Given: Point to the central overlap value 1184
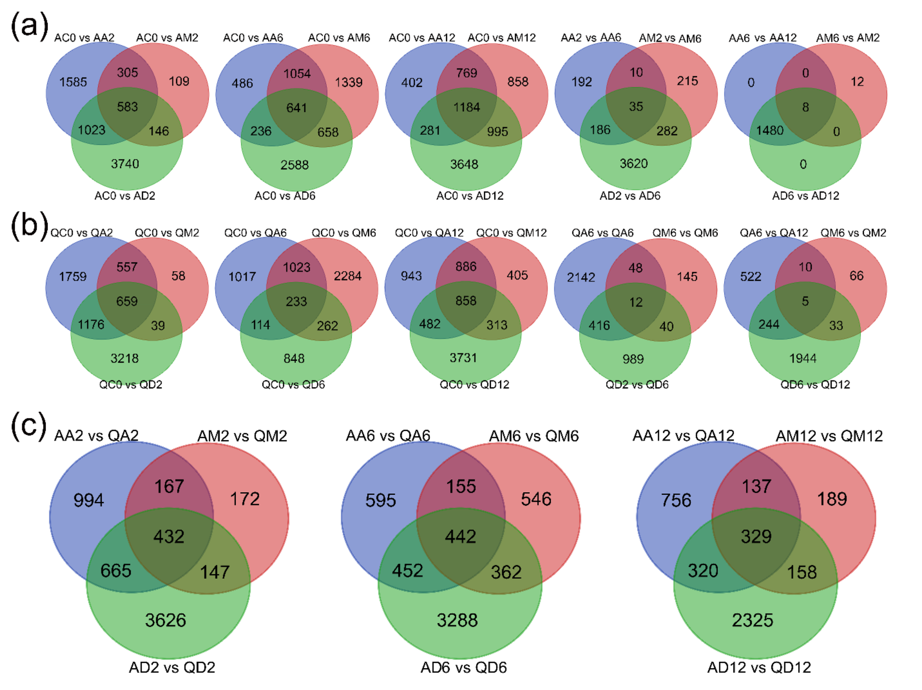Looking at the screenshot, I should (x=466, y=107).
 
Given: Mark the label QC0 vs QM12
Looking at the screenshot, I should (x=511, y=233).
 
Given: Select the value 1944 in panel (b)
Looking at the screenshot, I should (x=802, y=358).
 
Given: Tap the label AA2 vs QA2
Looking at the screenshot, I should (x=96, y=435).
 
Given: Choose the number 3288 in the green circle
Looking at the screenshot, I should (x=457, y=620).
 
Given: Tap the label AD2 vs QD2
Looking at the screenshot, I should (x=172, y=668).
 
